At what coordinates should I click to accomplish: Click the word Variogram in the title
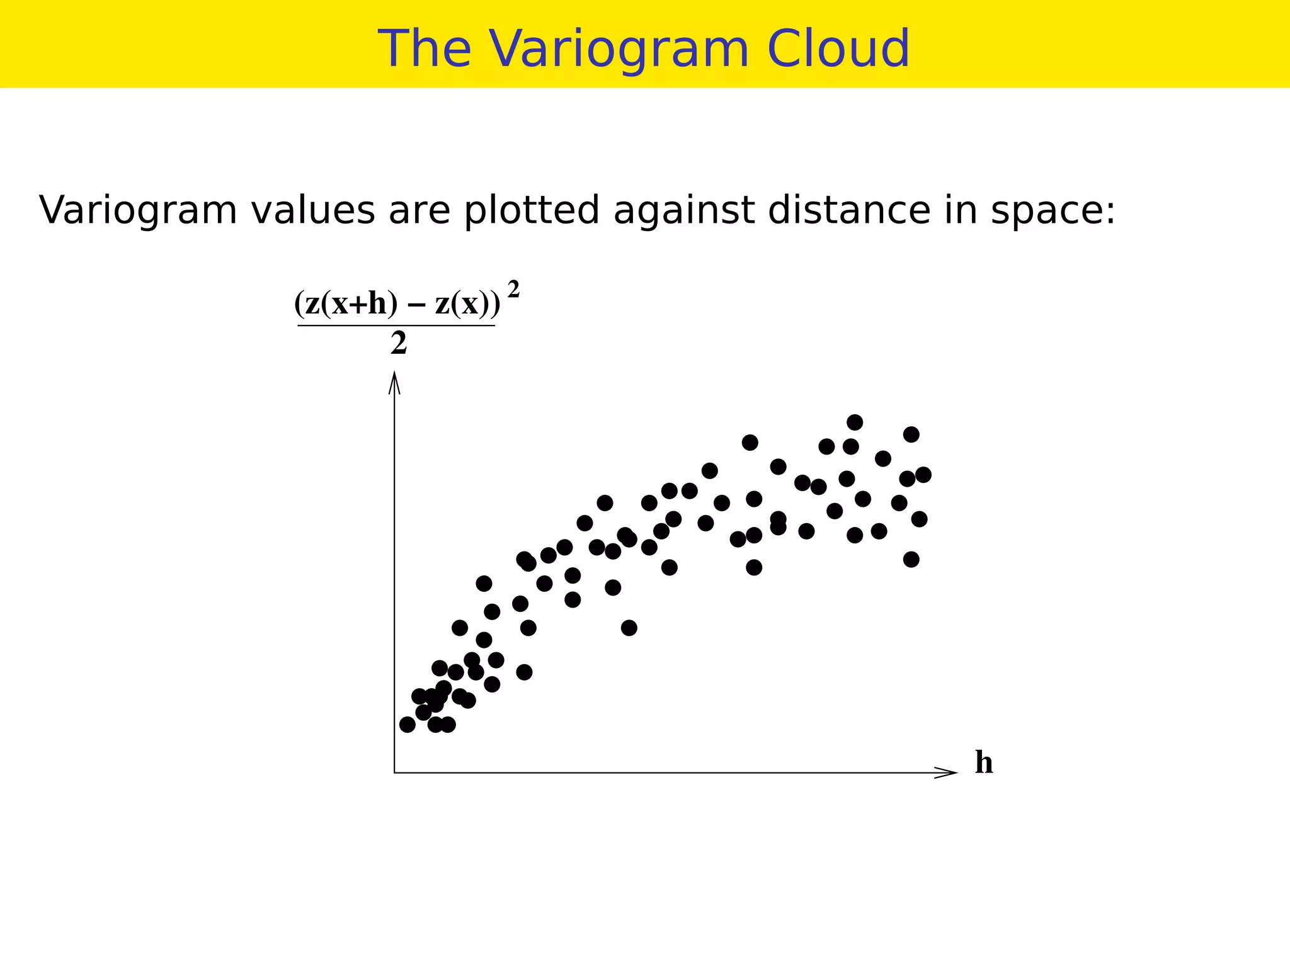[x=620, y=49]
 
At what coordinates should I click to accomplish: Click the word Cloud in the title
[x=838, y=49]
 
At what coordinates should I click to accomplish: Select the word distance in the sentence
[x=848, y=210]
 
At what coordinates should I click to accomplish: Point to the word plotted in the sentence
[x=532, y=210]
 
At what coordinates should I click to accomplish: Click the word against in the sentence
[x=683, y=210]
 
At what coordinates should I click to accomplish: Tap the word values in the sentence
[x=312, y=210]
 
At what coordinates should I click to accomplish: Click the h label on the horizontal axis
[x=984, y=762]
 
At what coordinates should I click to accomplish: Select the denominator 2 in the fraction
[x=398, y=344]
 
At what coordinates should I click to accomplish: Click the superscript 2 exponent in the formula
[x=513, y=290]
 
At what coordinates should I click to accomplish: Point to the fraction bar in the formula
[x=396, y=325]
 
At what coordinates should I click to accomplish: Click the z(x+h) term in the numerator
[x=346, y=304]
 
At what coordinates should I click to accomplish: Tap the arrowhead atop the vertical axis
[x=394, y=381]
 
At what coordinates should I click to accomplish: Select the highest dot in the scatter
[x=855, y=422]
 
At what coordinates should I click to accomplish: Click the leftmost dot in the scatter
[x=408, y=725]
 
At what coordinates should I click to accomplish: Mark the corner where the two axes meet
[x=394, y=772]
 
